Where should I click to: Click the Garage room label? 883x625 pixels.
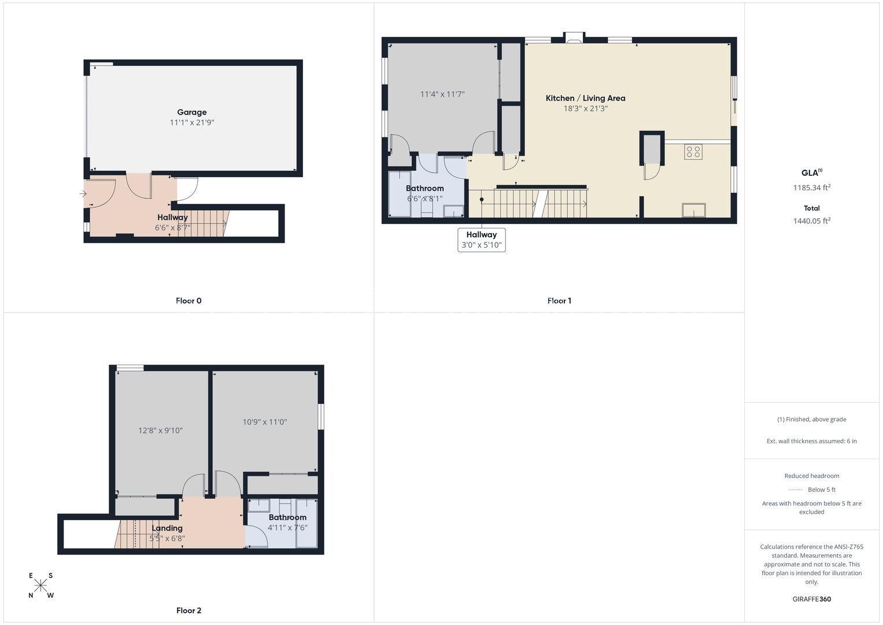[191, 112]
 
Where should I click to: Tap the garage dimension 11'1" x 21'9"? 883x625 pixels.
[191, 123]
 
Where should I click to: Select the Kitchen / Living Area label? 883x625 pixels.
[585, 98]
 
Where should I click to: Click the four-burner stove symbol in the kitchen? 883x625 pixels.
[693, 152]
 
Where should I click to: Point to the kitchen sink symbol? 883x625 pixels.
[694, 210]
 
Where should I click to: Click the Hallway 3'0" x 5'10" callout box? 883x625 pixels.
[481, 240]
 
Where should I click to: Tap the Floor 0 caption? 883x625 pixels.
[189, 301]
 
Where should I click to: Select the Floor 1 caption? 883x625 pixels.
[559, 301]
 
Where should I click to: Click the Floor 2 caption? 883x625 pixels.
[189, 611]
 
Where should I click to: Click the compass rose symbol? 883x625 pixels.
[40, 585]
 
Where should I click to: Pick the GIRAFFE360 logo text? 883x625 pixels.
[812, 599]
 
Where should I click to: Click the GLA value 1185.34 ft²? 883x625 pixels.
[812, 187]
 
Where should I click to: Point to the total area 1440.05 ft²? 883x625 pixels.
[812, 221]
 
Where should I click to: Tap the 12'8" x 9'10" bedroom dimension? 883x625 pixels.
[160, 431]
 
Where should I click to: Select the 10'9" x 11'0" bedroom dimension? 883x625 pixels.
[264, 422]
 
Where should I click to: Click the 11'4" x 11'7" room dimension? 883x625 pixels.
[442, 94]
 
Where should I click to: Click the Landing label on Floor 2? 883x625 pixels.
[167, 528]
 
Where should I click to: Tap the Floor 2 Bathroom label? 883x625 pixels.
[287, 517]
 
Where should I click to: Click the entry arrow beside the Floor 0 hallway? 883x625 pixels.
[83, 193]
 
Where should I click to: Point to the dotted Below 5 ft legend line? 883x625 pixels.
[796, 490]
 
